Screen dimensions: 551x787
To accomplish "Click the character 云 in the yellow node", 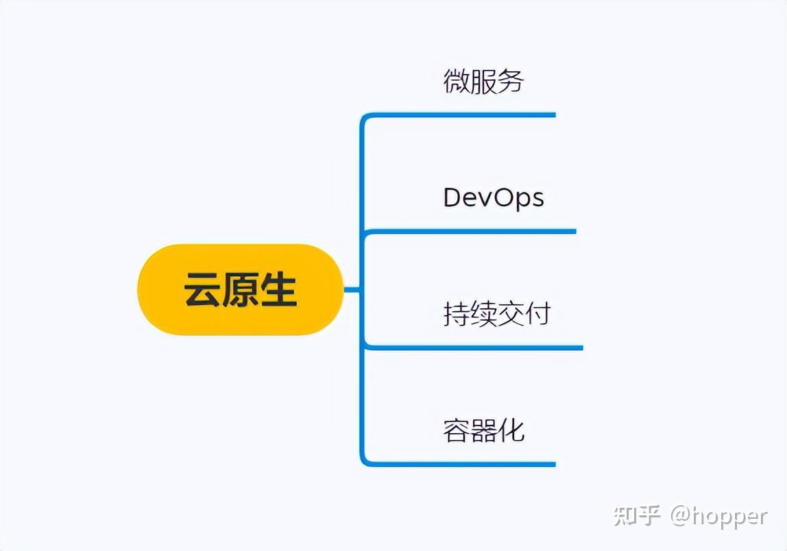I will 203,290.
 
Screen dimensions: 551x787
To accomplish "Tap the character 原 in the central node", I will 240,290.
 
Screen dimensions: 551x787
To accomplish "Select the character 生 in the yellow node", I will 278,290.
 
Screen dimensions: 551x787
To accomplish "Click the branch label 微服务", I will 483,81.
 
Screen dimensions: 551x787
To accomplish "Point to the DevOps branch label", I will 493,197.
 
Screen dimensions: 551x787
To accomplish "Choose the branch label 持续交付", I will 496,314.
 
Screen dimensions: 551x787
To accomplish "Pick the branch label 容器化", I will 483,430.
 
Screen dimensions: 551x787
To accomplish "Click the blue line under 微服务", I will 466,114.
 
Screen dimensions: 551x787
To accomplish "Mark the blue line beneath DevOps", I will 473,231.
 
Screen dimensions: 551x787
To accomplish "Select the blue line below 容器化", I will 466,464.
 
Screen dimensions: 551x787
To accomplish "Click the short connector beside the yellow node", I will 352,290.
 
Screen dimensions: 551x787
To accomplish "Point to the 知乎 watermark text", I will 637,515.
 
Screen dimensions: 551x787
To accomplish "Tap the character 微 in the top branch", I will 457,81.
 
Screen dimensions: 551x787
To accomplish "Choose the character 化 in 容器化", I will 511,430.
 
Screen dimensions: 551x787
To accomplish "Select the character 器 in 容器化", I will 484,430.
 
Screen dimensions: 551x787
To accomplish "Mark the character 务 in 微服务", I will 511,81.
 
